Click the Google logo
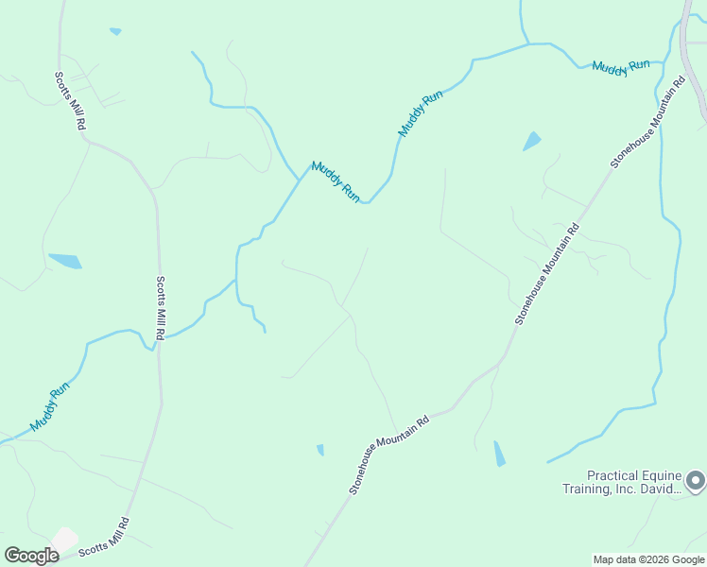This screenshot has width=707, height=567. (32, 556)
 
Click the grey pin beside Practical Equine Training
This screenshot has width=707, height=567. (695, 481)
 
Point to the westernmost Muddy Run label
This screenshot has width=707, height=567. (50, 407)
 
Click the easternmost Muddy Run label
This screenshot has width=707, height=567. (621, 66)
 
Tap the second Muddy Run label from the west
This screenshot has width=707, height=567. (336, 180)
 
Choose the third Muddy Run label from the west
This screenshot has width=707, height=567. (421, 114)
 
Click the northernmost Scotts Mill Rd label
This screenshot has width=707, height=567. (71, 101)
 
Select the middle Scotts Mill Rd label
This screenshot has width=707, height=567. (162, 308)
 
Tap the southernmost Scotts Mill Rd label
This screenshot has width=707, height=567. (103, 538)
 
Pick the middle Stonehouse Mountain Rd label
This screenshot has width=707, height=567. (546, 274)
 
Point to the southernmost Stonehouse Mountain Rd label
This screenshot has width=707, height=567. (388, 455)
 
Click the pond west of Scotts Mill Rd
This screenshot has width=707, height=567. (65, 260)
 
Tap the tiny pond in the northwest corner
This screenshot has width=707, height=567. (115, 31)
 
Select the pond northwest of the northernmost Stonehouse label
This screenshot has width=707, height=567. (532, 141)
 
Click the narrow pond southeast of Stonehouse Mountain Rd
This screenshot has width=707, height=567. (499, 454)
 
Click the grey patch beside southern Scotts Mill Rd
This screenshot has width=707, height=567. (63, 540)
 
